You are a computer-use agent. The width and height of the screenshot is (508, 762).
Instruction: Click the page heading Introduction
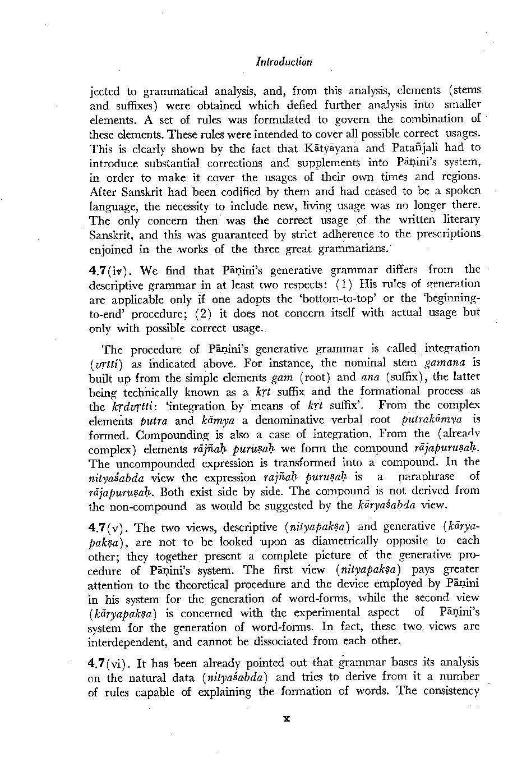click(283, 62)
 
